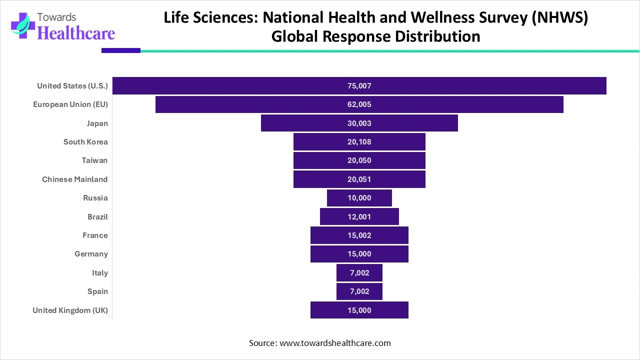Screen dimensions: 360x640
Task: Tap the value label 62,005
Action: pos(359,104)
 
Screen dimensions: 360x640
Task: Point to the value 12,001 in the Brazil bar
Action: pos(359,217)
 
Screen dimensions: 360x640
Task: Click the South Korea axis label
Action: pos(85,142)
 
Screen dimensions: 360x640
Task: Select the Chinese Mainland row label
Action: pos(75,179)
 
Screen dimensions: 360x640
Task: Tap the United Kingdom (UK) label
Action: pos(70,310)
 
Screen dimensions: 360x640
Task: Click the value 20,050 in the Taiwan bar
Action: pos(359,160)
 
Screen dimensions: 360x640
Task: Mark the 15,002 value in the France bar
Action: pos(359,235)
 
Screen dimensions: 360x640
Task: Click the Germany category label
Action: pos(91,254)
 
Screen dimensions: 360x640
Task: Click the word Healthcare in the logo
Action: pos(76,33)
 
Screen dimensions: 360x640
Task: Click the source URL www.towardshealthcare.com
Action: pos(335,343)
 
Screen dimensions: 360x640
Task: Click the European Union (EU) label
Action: pos(70,104)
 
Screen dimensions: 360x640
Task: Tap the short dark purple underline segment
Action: pos(120,50)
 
